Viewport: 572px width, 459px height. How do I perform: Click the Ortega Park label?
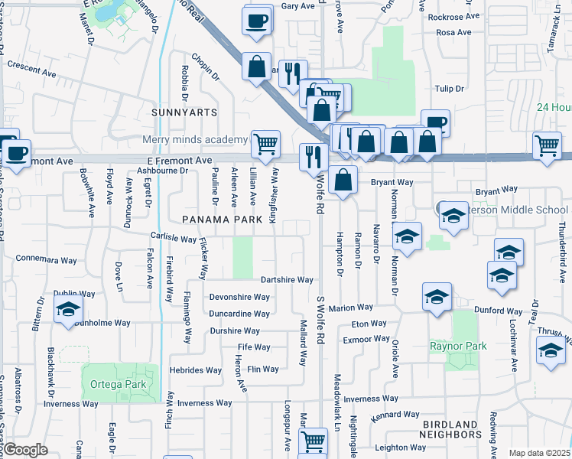point(114,383)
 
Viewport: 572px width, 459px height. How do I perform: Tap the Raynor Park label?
point(458,347)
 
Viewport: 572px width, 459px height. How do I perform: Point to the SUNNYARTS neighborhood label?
point(184,112)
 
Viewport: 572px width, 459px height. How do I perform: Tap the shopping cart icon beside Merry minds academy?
point(265,143)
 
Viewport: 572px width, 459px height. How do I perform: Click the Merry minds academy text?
point(194,139)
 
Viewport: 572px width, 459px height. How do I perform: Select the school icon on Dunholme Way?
point(68,310)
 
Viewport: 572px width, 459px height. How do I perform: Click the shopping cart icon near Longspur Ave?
point(313,441)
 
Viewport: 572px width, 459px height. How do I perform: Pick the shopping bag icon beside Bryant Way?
point(345,181)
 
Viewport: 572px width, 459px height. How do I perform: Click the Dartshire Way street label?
point(287,280)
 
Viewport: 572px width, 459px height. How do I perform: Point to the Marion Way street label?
point(351,308)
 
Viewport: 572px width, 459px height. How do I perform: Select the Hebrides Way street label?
point(197,369)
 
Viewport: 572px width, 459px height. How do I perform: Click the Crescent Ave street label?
point(31,65)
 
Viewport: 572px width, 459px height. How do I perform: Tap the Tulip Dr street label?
point(449,89)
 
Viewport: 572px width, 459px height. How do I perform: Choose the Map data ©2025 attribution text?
point(538,453)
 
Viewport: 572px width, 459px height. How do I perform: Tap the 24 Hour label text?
point(554,108)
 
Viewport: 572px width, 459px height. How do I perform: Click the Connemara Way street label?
point(47,259)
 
